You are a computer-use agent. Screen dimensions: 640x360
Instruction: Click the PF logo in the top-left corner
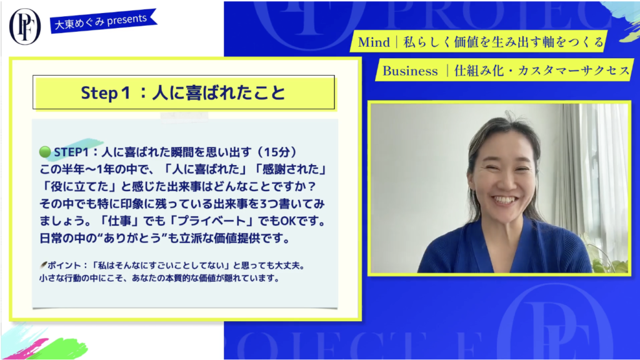25,26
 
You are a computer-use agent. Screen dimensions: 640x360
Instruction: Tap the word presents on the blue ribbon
127,19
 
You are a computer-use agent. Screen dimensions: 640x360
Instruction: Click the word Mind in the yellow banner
374,42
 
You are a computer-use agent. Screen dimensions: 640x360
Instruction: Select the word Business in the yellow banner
410,71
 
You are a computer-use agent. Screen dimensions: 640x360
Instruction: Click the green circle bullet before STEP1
45,152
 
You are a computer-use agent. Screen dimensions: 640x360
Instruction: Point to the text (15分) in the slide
277,152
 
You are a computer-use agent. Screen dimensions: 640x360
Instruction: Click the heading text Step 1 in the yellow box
105,92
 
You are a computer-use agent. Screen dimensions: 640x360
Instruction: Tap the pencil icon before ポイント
43,265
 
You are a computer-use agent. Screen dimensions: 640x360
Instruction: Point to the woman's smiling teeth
505,200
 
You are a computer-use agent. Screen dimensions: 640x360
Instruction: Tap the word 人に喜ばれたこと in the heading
219,92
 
